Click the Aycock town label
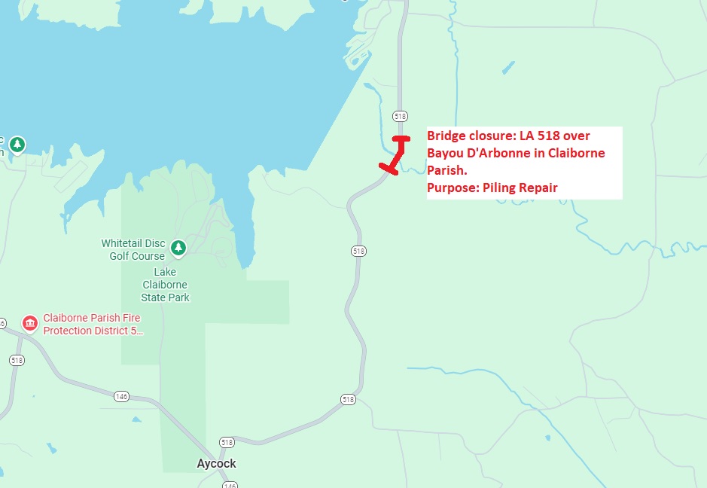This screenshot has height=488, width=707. tap(216, 463)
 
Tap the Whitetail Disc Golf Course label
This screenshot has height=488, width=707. tap(133, 250)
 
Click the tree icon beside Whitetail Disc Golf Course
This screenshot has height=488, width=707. tap(178, 247)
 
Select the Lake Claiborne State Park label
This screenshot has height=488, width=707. tap(165, 285)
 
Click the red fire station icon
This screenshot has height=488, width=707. tap(30, 324)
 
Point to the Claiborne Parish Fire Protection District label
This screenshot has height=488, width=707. tap(93, 325)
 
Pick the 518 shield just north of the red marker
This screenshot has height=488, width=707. tap(400, 116)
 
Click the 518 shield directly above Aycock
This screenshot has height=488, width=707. tap(227, 441)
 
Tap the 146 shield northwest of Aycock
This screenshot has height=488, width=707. tap(121, 396)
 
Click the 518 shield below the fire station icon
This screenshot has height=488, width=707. tap(17, 360)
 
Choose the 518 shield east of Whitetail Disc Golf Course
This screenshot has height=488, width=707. tap(358, 251)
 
